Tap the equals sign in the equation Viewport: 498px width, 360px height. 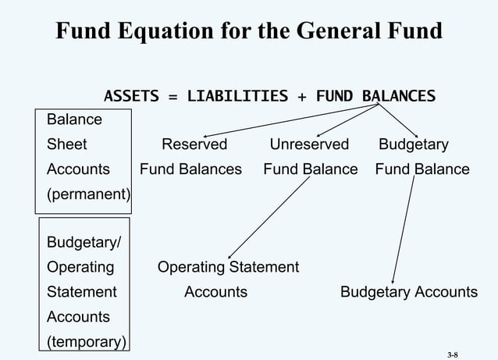172,97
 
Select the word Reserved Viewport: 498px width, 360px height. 194,144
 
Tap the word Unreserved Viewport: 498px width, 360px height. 309,144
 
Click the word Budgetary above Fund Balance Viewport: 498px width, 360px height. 413,144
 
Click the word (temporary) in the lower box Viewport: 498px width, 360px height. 88,342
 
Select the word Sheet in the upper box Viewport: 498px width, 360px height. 67,144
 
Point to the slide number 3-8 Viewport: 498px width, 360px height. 453,354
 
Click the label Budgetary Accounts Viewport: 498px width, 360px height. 408,292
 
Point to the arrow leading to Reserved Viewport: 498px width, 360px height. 289,121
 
